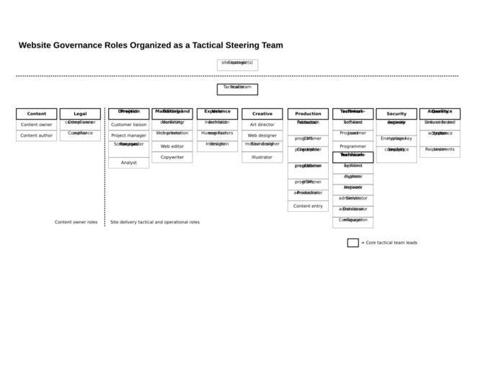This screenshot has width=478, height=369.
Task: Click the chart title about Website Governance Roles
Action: tap(151, 45)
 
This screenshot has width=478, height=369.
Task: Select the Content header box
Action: tap(36, 114)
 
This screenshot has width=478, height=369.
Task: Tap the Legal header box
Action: tap(80, 114)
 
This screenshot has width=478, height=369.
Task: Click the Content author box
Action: tap(36, 135)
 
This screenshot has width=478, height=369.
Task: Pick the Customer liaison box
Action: tap(128, 125)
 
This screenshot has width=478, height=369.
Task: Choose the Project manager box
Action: tap(128, 135)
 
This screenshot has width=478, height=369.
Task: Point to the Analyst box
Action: tap(128, 163)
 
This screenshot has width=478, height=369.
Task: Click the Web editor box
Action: tap(172, 146)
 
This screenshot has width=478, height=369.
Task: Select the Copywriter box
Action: tap(172, 157)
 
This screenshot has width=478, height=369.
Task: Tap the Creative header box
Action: tap(262, 114)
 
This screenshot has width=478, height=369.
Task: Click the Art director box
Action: tap(262, 125)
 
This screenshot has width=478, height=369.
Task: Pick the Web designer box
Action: tap(262, 135)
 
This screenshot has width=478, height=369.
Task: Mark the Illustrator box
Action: tap(262, 157)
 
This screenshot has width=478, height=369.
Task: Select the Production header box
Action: tap(308, 114)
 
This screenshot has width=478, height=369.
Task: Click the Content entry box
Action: tap(308, 206)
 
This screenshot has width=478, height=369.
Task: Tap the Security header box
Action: tap(396, 114)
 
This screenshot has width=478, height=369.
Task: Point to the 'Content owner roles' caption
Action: tap(76, 223)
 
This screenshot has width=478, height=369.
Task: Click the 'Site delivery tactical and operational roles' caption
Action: tap(155, 223)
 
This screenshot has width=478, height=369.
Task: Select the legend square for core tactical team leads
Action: tap(353, 243)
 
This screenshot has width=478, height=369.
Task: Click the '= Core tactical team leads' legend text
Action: tap(389, 243)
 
